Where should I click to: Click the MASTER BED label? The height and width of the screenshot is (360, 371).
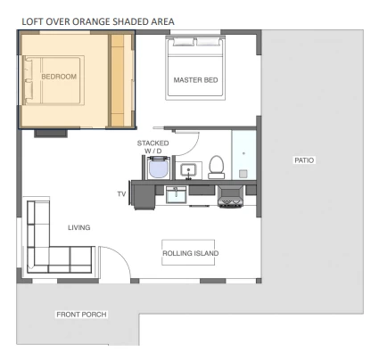tap(195, 80)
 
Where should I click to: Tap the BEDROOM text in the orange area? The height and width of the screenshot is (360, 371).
tap(59, 77)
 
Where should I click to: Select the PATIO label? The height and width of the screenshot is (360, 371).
tap(304, 160)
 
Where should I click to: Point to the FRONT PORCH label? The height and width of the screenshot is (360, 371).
tap(81, 315)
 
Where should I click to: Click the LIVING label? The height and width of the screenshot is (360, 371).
tap(79, 227)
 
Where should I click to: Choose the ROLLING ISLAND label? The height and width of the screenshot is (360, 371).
tap(191, 253)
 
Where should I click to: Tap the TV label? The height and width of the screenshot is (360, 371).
tap(121, 194)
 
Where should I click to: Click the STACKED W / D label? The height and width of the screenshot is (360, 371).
tap(153, 147)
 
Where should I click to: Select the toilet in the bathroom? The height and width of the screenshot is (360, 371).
tap(217, 168)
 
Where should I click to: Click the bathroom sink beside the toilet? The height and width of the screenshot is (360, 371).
tap(188, 170)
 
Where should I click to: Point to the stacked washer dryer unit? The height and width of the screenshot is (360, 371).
tap(158, 168)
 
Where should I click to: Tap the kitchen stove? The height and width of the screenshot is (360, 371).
tap(230, 196)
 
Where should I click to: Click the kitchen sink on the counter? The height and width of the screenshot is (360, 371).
tap(176, 195)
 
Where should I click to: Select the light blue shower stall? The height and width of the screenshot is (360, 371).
tap(243, 155)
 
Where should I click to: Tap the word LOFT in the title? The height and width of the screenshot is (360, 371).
tap(30, 21)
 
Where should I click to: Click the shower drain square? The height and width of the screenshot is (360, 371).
tap(243, 174)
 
